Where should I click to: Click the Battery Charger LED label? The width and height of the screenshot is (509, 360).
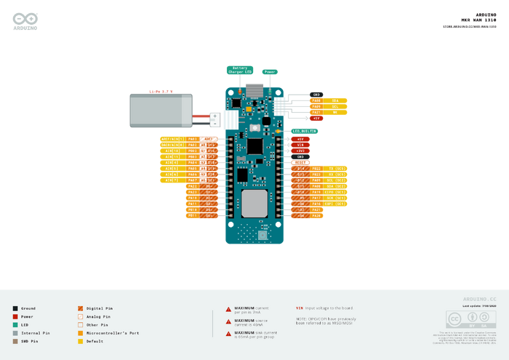coord(241,71)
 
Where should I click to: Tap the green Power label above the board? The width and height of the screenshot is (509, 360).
coord(270,72)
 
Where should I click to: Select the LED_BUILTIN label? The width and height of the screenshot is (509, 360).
coord(304,131)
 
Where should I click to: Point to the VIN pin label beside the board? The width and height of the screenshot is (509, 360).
coord(301,145)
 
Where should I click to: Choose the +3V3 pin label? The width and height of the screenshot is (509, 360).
coord(301,151)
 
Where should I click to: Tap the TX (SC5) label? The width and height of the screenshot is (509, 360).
coord(336,168)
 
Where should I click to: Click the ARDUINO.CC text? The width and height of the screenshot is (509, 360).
coord(480,299)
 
